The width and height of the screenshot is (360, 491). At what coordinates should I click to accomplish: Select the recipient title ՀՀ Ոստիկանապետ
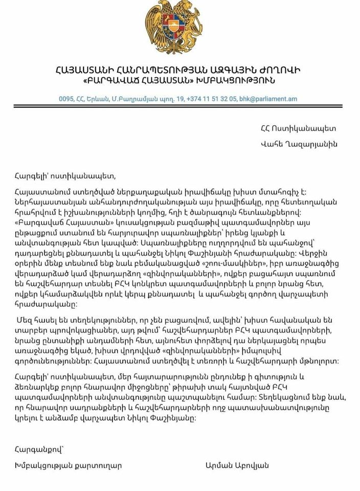[298, 128]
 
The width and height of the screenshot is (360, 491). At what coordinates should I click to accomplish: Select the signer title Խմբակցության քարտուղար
[69, 465]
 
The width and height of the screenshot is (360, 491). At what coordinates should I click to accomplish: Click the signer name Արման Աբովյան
[236, 465]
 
